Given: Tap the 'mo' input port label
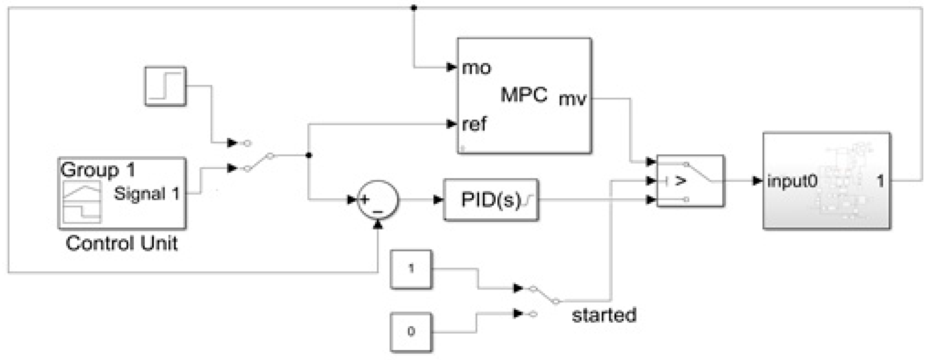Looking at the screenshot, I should coord(476,68).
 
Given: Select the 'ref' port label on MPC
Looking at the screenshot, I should coord(474,124).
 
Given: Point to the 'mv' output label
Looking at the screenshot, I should coord(572,99).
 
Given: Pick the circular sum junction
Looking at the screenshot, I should coord(378,199).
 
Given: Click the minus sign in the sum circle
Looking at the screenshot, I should coord(378,211).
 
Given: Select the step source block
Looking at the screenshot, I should coord(165,86).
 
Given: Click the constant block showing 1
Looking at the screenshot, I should coord(411,269).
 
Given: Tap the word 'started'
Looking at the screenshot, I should coord(604,315).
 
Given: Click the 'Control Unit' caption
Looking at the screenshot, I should coord(121,243).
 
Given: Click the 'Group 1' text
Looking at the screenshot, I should coord(98,170).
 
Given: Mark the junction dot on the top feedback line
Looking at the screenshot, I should coord(414,8).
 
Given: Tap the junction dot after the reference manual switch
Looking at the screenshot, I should coord(308,155).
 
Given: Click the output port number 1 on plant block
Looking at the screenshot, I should coord(881,181).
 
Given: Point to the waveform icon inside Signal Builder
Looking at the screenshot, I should coord(82,202).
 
